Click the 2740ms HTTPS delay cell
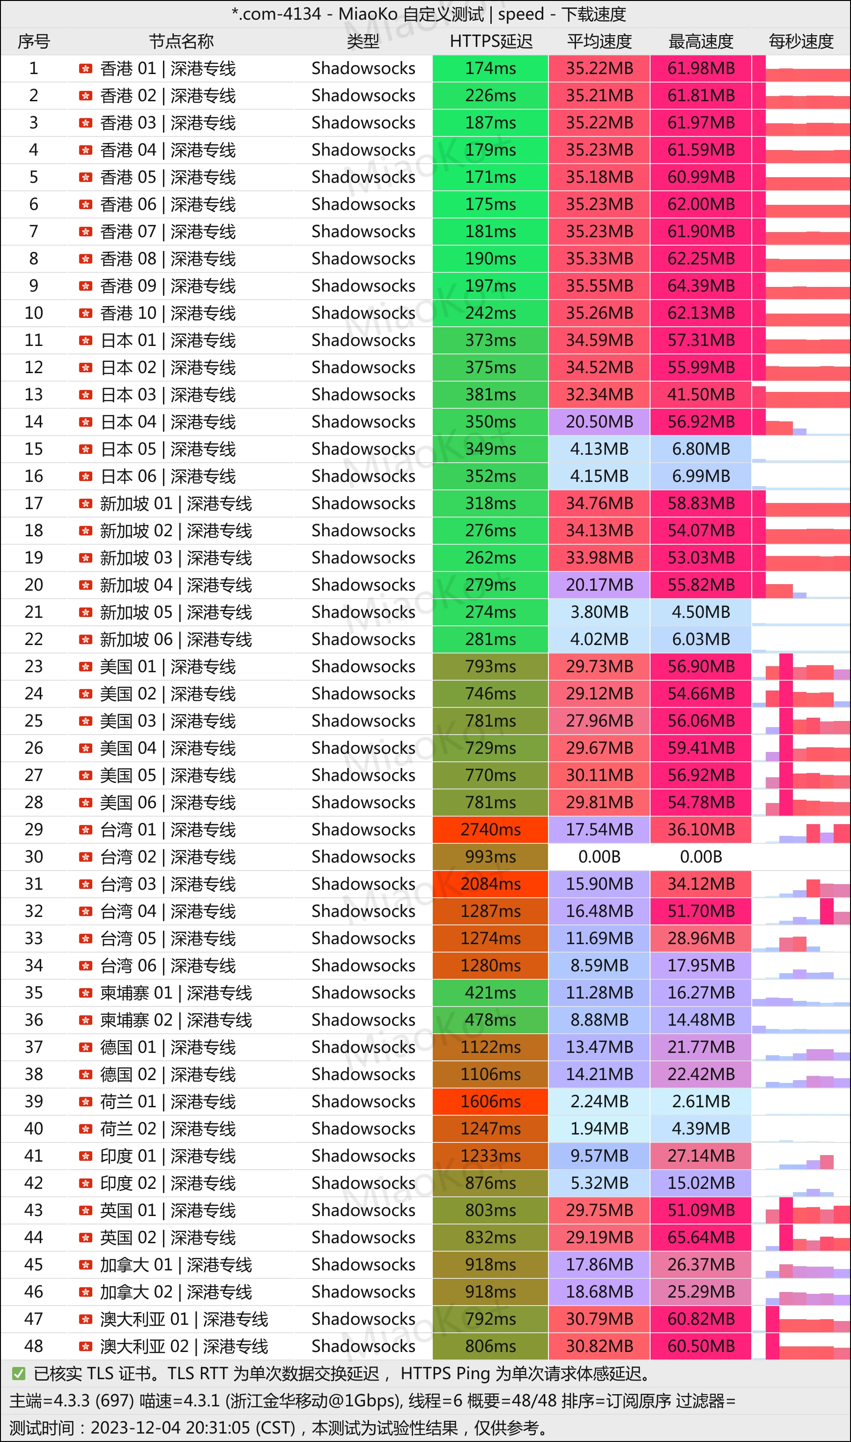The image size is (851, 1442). point(490,830)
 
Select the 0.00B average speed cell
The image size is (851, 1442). point(599,856)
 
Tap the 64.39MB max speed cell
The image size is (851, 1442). point(701,286)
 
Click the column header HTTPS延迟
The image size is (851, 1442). point(491,41)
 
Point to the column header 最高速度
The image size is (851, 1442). point(701,41)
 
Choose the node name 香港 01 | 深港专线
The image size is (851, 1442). point(168,69)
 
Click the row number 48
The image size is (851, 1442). point(34,1346)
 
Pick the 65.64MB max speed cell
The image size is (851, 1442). point(701,1237)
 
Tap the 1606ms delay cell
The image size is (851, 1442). point(490,1101)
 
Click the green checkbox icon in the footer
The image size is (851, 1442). point(19,1374)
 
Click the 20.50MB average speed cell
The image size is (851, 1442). point(599,422)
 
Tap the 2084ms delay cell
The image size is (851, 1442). point(490,884)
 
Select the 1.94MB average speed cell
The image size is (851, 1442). point(599,1129)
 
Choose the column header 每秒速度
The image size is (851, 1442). point(800,41)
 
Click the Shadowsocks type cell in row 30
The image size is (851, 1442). point(363,856)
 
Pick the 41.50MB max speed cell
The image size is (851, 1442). point(701,395)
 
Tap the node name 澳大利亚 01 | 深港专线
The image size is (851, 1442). point(184,1319)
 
